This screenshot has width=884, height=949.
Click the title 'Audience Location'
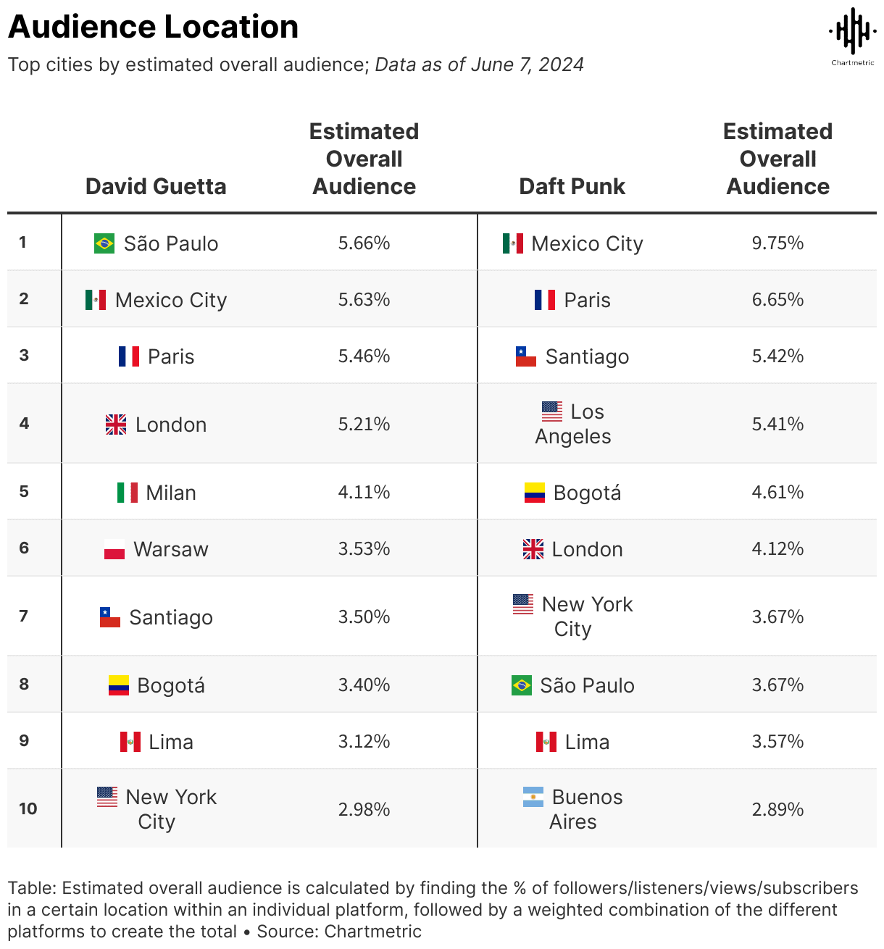tap(153, 28)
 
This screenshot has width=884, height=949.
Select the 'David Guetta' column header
tap(156, 186)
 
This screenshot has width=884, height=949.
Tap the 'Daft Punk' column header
tap(572, 186)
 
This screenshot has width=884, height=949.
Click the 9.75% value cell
tap(777, 243)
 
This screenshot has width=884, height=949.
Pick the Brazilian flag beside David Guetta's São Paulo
tap(104, 243)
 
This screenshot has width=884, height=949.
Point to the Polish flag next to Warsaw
tap(114, 549)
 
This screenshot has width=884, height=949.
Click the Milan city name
tap(171, 493)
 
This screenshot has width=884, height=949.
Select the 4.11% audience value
tap(364, 493)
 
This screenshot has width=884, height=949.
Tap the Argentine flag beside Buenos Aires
tap(533, 797)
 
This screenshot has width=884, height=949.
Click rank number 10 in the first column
tap(28, 808)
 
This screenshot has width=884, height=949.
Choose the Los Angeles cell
tap(573, 424)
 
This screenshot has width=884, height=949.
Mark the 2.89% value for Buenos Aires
tap(777, 809)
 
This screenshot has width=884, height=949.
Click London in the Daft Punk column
tap(587, 549)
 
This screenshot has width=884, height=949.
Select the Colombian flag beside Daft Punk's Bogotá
tap(535, 493)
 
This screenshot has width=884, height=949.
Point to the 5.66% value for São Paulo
tap(364, 243)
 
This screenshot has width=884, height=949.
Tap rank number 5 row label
tap(24, 492)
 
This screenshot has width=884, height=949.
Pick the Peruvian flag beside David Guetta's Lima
tap(130, 742)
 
